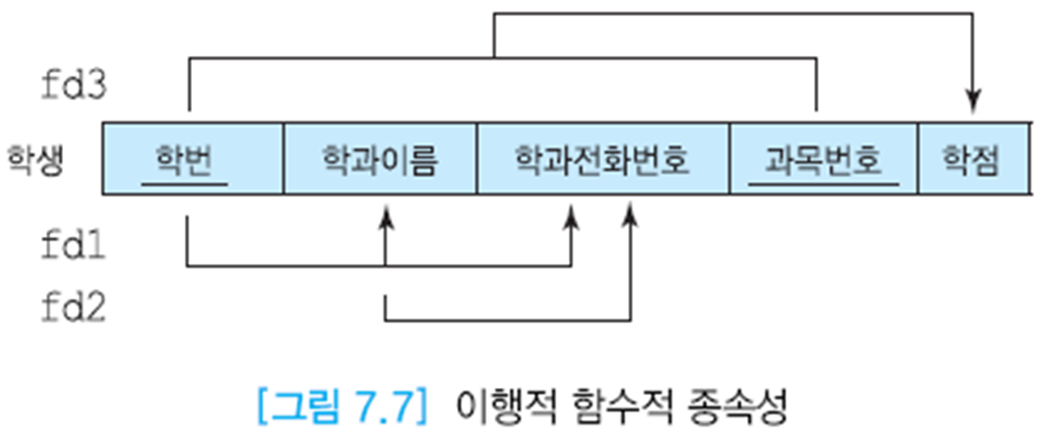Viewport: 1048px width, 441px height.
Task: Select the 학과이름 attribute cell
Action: [x=379, y=159]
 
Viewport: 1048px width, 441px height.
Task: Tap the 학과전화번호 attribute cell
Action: [x=603, y=159]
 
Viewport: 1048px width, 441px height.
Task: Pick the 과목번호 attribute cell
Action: [x=824, y=159]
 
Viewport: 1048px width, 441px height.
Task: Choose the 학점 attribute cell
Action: [x=972, y=159]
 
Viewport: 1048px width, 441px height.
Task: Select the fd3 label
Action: [x=73, y=85]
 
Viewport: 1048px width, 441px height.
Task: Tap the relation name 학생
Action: [x=36, y=159]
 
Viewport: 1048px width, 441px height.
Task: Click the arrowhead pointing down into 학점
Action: [x=973, y=101]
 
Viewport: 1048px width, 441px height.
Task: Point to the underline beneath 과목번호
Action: [x=824, y=184]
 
